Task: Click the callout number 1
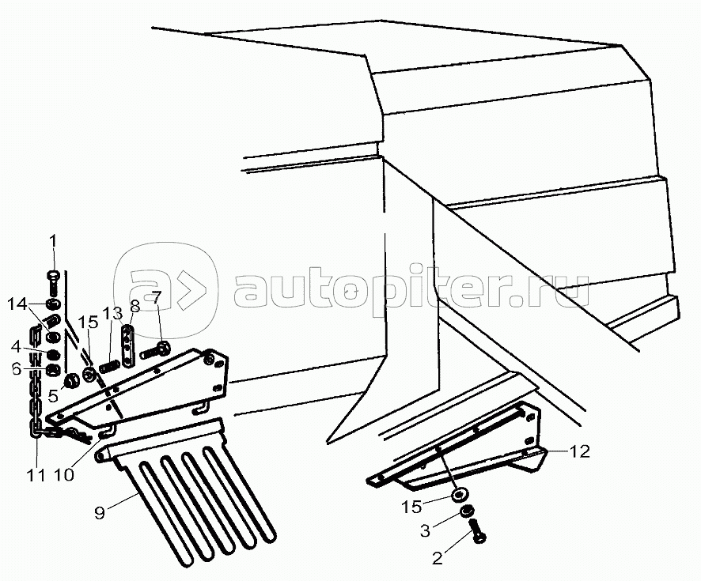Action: tap(53, 241)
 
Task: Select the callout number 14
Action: tap(17, 305)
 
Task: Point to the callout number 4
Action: tap(16, 345)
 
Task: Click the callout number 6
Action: tap(17, 369)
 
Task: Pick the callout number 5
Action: tap(53, 395)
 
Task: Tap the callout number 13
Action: tap(112, 314)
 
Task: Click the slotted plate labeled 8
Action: tap(127, 346)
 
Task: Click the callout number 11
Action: tap(36, 475)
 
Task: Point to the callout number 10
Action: tap(63, 475)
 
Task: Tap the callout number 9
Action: tap(99, 513)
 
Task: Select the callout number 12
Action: tap(580, 451)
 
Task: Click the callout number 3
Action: tap(425, 530)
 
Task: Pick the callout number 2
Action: tap(437, 558)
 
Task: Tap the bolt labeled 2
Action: tap(477, 531)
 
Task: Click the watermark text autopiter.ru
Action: tap(411, 290)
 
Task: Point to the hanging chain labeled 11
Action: tap(36, 384)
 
